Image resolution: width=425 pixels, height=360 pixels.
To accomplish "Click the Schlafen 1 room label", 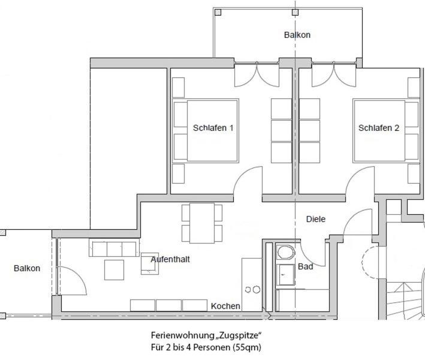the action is tap(213, 128).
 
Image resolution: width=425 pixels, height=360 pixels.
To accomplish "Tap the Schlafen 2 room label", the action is tap(379, 128).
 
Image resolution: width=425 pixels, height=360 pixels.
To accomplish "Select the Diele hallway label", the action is tap(316, 219).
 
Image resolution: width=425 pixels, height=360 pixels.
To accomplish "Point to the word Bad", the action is tap(306, 266).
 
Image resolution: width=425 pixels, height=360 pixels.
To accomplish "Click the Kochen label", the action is tap(225, 306).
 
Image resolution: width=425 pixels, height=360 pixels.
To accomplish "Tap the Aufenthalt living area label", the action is tap(170, 259).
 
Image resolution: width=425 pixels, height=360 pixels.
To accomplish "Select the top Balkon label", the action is tap(297, 35).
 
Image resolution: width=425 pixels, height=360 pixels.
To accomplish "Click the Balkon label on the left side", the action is tap(27, 268).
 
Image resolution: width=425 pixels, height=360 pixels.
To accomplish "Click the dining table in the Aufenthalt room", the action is tap(202, 223).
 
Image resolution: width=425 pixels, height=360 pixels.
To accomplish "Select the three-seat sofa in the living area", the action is tap(114, 248).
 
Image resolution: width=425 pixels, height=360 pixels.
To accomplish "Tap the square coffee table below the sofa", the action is tap(114, 270).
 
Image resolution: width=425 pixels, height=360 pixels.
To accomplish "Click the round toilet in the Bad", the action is tap(286, 253).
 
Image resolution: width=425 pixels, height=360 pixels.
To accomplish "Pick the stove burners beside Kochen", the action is tap(252, 290).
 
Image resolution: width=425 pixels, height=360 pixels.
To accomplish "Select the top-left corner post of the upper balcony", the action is tap(218, 12).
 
